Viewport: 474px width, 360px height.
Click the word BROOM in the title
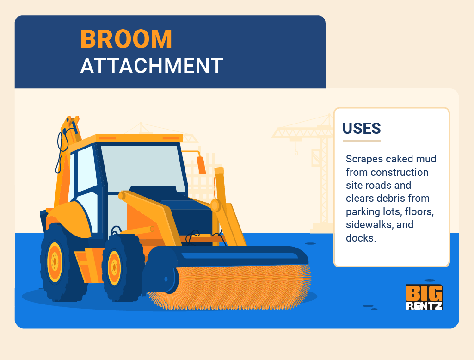(x=126, y=39)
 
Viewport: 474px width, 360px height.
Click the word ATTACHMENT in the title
(x=152, y=66)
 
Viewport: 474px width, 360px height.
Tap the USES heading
(x=362, y=128)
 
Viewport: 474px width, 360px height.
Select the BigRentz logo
(x=424, y=297)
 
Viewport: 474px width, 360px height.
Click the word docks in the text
(x=359, y=238)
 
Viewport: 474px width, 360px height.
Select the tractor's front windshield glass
(x=139, y=167)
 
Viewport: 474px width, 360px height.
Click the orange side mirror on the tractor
(x=201, y=165)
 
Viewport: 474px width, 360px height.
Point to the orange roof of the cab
(x=139, y=138)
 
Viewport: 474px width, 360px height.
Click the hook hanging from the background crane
(x=296, y=151)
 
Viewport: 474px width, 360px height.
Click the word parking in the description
(x=362, y=212)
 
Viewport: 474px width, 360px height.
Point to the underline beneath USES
(x=361, y=141)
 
